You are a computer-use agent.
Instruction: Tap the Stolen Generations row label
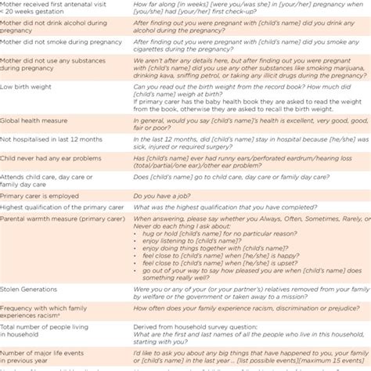click(34, 289)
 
